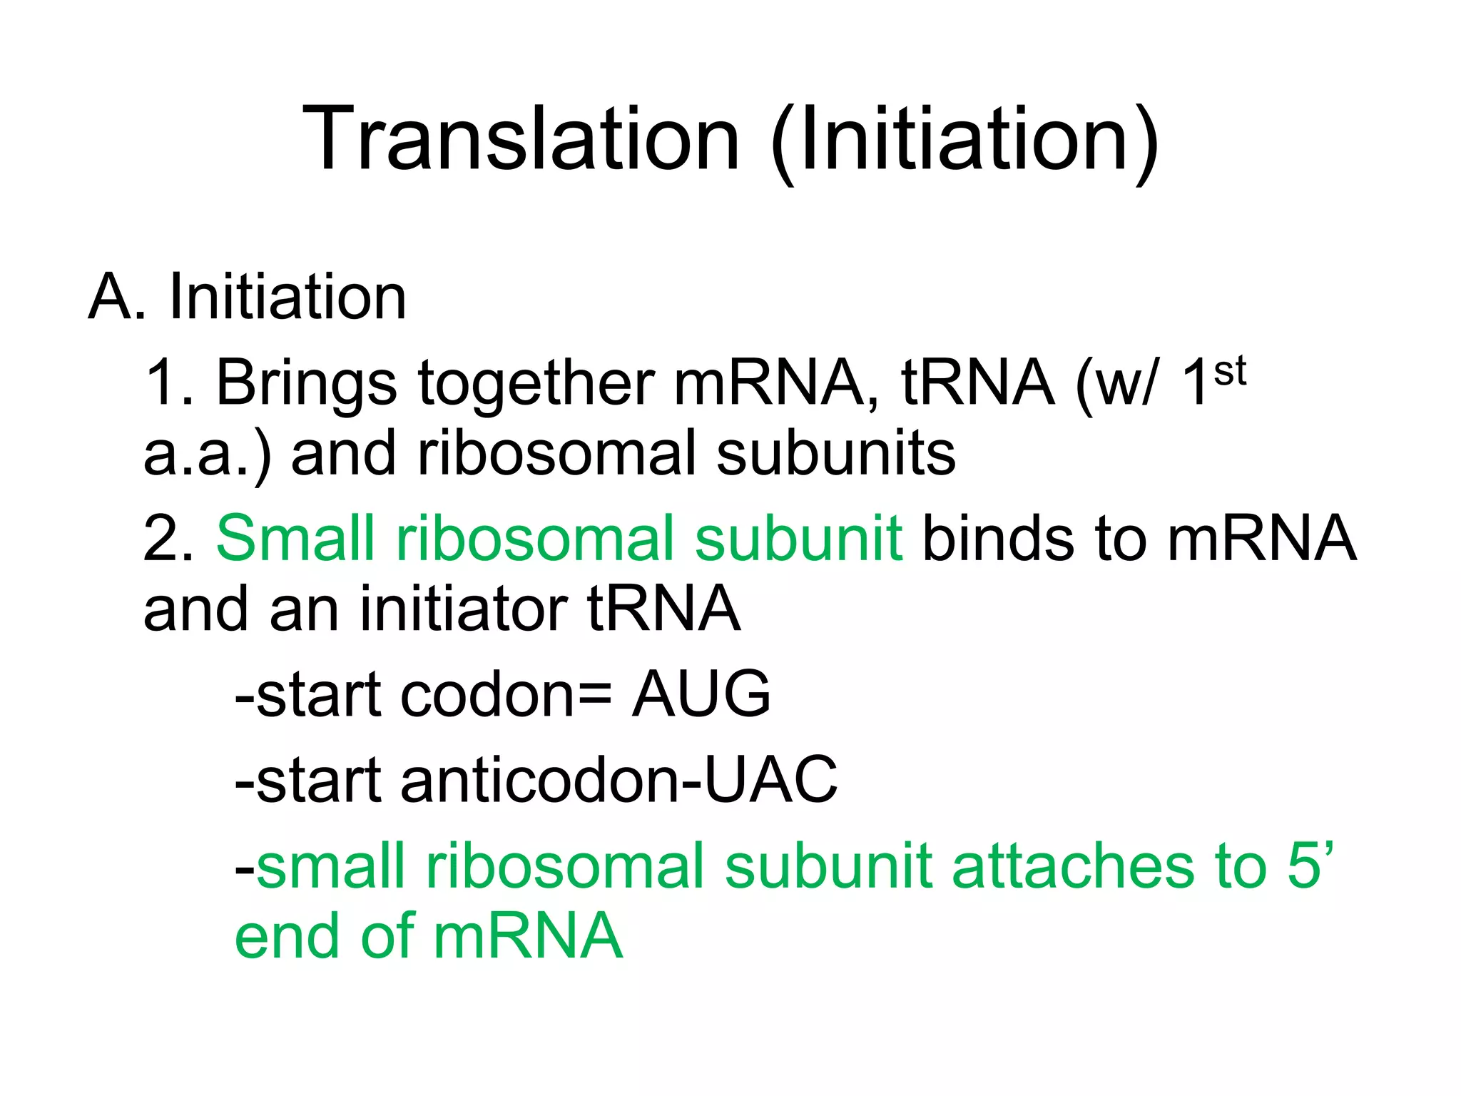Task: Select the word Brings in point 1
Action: (306, 383)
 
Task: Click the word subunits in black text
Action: (835, 454)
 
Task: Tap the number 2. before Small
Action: (168, 539)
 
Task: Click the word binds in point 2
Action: (997, 539)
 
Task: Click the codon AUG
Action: (701, 694)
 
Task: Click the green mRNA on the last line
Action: (528, 936)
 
